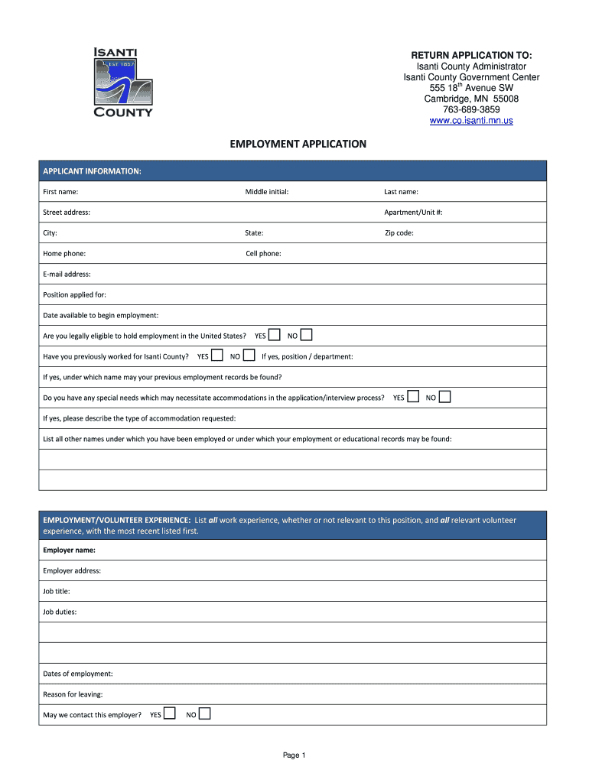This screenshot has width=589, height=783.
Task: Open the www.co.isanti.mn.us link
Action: click(471, 121)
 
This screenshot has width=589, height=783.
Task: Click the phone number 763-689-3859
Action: click(471, 109)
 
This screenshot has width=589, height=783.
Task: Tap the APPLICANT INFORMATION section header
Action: click(92, 171)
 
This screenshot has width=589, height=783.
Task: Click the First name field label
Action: click(60, 192)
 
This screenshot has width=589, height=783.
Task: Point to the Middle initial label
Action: click(266, 192)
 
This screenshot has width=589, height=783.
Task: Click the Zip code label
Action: click(399, 233)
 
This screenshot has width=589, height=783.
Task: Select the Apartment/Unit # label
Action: click(413, 213)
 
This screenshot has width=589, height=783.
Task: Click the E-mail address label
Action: click(67, 275)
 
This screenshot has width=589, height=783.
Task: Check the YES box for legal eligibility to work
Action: click(275, 335)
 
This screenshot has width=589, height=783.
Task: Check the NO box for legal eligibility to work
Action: click(306, 335)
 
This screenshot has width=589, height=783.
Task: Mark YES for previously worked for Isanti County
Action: click(217, 356)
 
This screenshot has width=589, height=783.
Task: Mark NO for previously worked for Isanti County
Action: click(249, 356)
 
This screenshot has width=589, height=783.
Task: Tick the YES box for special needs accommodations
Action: click(413, 397)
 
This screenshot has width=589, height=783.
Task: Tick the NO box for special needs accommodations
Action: click(445, 397)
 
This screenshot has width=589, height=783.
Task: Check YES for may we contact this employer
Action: click(170, 714)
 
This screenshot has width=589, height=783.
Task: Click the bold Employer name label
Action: click(70, 550)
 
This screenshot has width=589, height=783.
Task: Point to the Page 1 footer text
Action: click(294, 755)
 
